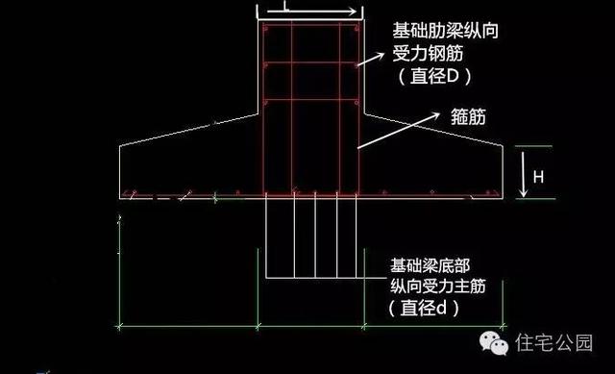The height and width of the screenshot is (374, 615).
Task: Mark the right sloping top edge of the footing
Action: pos(433,131)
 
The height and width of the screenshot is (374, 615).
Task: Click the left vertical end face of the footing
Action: pos(120,170)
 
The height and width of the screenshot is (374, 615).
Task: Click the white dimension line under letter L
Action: pos(309,15)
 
